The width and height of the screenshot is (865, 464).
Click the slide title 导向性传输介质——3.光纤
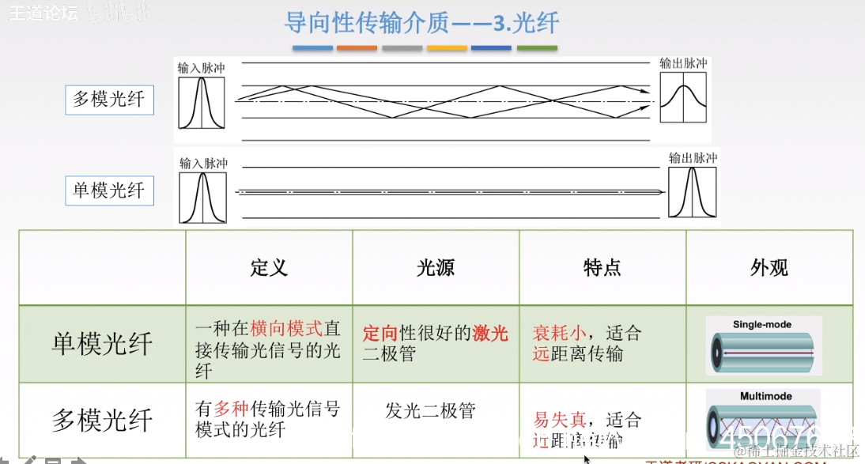coord(421,22)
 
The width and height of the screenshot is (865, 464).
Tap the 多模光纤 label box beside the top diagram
coord(109,99)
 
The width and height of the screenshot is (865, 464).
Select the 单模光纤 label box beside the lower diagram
coord(109,191)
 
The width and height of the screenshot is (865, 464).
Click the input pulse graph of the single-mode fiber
coord(202,198)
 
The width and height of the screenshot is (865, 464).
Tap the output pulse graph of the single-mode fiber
coord(693,192)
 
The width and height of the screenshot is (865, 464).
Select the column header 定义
coord(269,268)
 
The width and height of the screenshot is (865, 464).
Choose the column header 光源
coord(436,268)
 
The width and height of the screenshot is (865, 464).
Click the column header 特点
coord(602,268)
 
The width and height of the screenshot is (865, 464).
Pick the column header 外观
coord(769,268)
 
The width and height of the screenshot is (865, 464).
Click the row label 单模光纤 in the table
coord(102,345)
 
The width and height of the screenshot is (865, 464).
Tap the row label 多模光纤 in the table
coord(102,420)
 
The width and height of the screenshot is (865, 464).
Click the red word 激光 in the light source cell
coord(490,333)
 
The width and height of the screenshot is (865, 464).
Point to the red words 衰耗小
coord(560,333)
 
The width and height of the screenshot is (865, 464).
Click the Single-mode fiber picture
coord(763,346)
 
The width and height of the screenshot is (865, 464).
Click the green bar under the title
coord(537,47)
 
